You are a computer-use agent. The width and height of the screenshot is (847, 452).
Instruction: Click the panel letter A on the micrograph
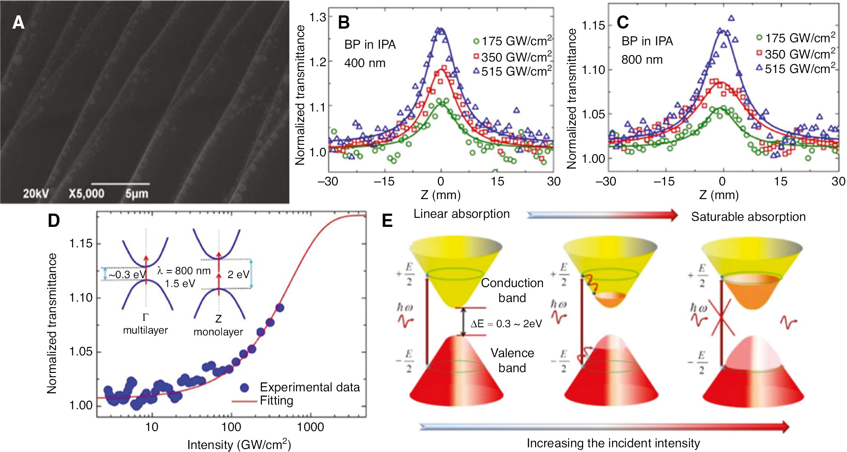18,22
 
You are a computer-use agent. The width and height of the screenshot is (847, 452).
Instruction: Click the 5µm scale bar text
137,194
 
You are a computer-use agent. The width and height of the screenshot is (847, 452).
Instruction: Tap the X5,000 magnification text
86,194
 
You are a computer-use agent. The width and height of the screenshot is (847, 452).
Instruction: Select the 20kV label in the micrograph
35,194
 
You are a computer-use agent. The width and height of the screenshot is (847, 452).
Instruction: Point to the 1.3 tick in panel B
317,18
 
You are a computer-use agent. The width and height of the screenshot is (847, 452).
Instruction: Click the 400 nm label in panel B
365,63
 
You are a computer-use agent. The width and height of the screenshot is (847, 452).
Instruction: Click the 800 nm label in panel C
642,60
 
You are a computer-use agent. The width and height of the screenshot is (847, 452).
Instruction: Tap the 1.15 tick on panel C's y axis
593,26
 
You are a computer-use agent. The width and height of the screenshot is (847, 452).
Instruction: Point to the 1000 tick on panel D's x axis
310,427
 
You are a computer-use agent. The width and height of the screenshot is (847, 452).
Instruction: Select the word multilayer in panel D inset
145,330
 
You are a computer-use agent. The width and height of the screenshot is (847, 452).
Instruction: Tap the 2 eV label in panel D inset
238,275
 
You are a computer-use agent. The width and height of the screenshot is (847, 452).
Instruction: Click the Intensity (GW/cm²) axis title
239,445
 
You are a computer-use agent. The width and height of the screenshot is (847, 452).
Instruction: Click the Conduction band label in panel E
512,291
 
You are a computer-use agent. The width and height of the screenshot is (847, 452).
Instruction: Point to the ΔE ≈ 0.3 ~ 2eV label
506,324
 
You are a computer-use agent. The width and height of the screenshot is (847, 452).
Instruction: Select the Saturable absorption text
748,217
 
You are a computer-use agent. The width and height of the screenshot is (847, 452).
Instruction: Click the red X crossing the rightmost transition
721,319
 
